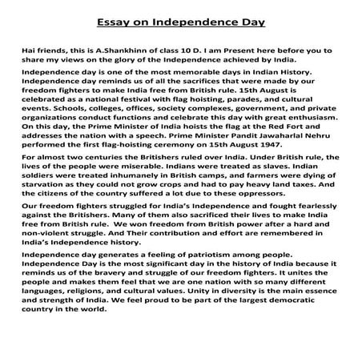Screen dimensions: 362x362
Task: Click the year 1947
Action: click(262, 153)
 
